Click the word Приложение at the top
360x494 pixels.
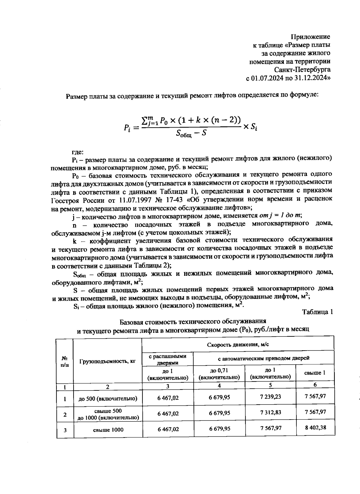[x=310, y=37]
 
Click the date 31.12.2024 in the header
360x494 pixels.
[x=313, y=78]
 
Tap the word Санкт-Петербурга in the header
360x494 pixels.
[x=302, y=70]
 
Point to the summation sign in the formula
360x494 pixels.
[x=145, y=121]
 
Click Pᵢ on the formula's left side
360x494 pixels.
[x=127, y=128]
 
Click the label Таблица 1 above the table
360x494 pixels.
[x=318, y=312]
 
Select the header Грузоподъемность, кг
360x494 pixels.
[x=108, y=361]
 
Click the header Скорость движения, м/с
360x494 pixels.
[x=238, y=344]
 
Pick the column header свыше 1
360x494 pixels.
[x=315, y=373]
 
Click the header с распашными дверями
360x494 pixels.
[x=168, y=359]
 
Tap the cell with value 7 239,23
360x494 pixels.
[x=271, y=397]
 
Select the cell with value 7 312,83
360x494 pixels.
[x=271, y=412]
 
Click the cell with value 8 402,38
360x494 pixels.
[x=315, y=427]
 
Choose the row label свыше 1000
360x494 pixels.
[x=108, y=429]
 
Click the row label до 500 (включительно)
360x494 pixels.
[x=108, y=399]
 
